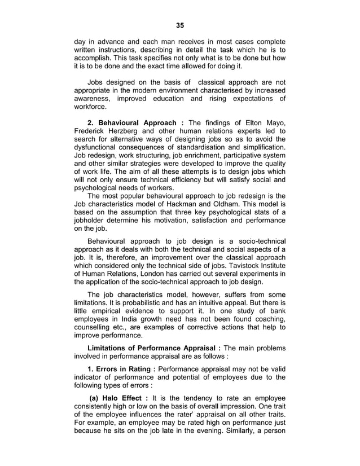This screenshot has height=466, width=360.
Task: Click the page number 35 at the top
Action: (x=180, y=25)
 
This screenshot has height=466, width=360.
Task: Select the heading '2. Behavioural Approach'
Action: (x=135, y=124)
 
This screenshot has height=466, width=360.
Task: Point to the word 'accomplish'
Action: (x=93, y=58)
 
